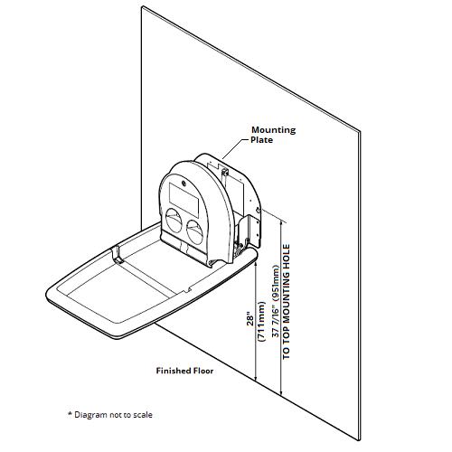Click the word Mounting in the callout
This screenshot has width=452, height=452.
274,130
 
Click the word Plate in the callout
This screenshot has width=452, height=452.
261,140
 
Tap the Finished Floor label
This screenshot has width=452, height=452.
184,371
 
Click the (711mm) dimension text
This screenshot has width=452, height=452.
261,321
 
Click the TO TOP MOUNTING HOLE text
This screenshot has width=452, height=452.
286,302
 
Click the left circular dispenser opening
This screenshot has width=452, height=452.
174,221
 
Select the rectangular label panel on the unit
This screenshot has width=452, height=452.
184,199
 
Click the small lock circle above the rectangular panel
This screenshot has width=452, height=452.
184,182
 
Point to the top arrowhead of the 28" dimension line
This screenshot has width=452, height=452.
256,264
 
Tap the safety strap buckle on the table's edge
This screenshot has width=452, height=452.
117,256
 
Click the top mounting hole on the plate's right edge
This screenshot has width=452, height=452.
258,211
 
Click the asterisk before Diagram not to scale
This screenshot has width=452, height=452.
70,413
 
